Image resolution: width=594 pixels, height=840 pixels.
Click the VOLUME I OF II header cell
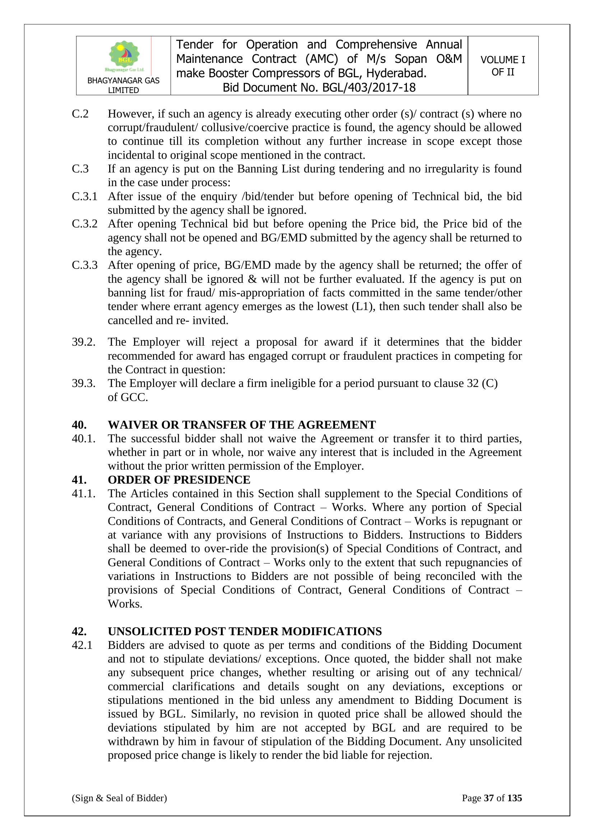tap(502, 66)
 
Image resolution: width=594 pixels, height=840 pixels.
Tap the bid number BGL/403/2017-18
tap(369, 88)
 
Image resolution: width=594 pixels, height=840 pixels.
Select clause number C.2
tap(80, 114)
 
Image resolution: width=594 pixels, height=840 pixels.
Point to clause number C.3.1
tap(84, 197)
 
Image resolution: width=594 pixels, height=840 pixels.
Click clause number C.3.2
tap(84, 224)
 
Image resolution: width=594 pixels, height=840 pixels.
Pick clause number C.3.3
tap(84, 265)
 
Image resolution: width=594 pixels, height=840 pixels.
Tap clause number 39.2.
tap(83, 342)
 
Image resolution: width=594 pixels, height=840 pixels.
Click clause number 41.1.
tap(83, 494)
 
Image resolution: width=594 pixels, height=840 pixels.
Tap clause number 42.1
tap(82, 645)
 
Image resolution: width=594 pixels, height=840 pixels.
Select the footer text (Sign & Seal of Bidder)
tap(119, 798)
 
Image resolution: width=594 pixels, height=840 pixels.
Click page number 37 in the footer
tap(489, 798)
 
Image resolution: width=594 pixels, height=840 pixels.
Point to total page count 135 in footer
tap(514, 798)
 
